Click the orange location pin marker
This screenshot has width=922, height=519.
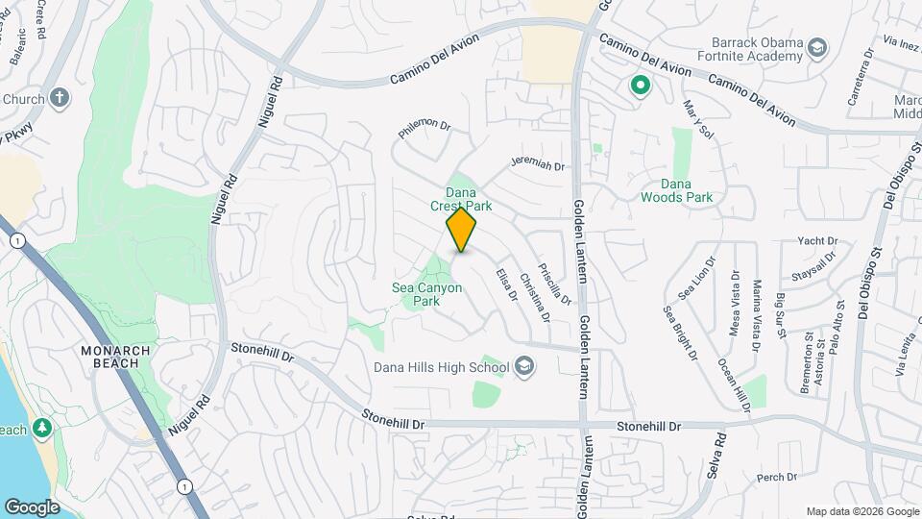[462, 230]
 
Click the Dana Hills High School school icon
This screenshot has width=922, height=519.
[524, 365]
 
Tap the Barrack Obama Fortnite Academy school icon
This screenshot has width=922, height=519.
[816, 48]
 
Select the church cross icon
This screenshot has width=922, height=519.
[60, 98]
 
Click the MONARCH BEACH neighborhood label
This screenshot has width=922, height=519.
[115, 358]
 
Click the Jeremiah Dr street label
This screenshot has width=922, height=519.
[538, 165]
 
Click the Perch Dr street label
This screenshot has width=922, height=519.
[777, 477]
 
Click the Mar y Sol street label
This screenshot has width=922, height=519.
[698, 119]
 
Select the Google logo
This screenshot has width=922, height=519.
[32, 507]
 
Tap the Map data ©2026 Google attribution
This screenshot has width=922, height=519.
[862, 511]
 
